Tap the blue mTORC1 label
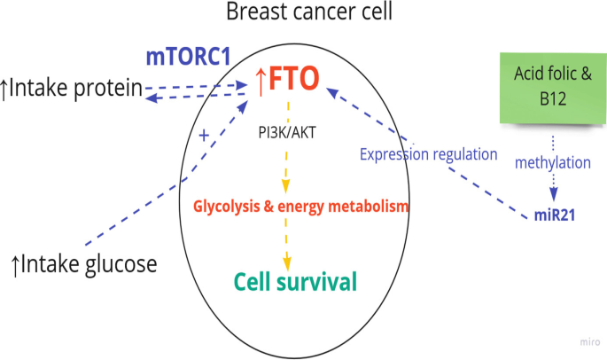pyautogui.click(x=189, y=57)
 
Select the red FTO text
pyautogui.click(x=293, y=81)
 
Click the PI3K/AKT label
pyautogui.click(x=284, y=134)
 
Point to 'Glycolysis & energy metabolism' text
pyautogui.click(x=301, y=207)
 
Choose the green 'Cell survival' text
pyautogui.click(x=295, y=282)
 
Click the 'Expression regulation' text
pyautogui.click(x=429, y=154)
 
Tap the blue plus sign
pyautogui.click(x=204, y=136)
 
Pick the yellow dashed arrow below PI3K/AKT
pyautogui.click(x=286, y=168)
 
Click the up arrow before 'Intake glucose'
pyautogui.click(x=13, y=263)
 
